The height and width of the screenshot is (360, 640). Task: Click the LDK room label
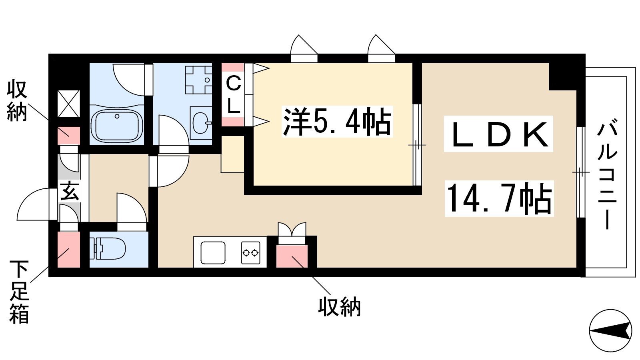click(498, 134)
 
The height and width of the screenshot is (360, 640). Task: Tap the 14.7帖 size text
click(499, 198)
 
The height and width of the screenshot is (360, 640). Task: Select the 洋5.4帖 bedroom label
click(337, 122)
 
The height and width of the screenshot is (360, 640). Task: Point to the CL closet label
click(234, 96)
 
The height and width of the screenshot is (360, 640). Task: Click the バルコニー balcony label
click(607, 176)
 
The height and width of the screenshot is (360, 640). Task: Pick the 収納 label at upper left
click(17, 102)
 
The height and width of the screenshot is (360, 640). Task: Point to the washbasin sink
click(202, 123)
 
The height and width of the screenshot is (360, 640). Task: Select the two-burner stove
click(250, 252)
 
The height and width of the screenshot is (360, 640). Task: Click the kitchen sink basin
click(213, 252)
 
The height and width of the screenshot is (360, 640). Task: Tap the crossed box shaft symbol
click(69, 104)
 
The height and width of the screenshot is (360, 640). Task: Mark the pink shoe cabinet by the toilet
click(68, 250)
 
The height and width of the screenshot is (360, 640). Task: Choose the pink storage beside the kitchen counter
click(292, 256)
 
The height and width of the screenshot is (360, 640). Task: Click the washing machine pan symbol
click(198, 80)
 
